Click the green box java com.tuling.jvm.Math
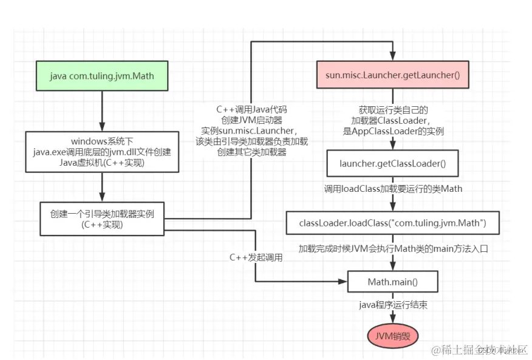click(x=101, y=77)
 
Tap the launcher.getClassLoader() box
click(x=392, y=163)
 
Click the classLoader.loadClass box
click(x=392, y=223)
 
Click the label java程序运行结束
click(x=392, y=305)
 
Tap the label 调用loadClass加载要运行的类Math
click(x=392, y=189)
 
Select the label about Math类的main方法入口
click(x=392, y=248)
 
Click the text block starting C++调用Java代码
click(x=251, y=131)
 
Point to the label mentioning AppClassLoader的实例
click(x=392, y=120)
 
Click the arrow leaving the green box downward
click(x=101, y=112)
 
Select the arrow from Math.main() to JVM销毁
click(x=392, y=313)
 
